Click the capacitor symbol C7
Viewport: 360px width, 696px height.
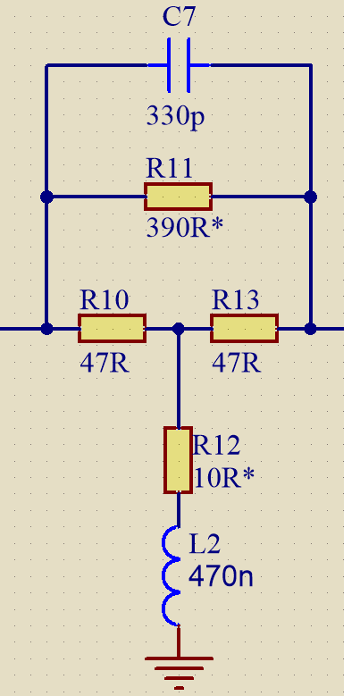point(179,65)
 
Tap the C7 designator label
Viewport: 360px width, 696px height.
point(179,17)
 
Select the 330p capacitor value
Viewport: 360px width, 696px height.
point(176,117)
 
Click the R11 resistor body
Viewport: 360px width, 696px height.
point(178,197)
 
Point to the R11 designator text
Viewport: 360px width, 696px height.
point(169,169)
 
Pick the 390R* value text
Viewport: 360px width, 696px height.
point(184,228)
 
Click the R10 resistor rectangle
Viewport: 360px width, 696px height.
point(112,329)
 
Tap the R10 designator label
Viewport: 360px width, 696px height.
point(105,300)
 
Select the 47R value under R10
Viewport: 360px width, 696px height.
point(105,363)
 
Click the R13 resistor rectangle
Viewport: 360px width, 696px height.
point(244,329)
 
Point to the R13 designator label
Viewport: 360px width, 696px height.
point(235,300)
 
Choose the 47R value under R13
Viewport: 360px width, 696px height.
point(237,363)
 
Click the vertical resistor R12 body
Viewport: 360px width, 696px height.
point(178,460)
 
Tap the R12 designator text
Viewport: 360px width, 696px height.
point(216,445)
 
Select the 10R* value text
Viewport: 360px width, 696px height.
point(224,478)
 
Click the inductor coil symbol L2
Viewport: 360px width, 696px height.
point(171,576)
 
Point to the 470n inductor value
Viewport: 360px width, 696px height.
point(221,577)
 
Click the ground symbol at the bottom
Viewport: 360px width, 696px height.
point(179,673)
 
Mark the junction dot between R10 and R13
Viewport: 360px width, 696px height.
point(178,329)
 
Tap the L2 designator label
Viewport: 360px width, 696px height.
point(205,544)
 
